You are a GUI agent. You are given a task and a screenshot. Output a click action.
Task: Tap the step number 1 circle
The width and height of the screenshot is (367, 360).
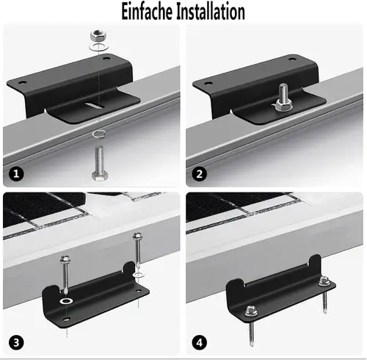pyautogui.click(x=16, y=174)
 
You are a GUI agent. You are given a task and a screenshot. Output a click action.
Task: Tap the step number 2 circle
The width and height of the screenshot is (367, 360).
pyautogui.click(x=199, y=174)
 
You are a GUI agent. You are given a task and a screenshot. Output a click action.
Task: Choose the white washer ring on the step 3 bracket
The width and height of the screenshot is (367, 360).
pyautogui.click(x=67, y=302)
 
